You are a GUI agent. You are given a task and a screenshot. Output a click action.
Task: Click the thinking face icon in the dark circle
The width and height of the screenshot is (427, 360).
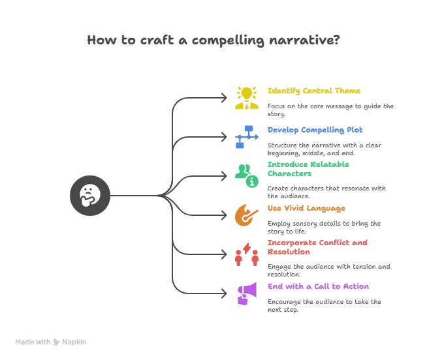(90, 195)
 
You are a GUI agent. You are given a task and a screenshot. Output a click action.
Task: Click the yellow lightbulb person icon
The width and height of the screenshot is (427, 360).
(247, 97)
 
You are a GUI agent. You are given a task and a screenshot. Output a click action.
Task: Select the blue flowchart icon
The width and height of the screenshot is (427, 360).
(247, 136)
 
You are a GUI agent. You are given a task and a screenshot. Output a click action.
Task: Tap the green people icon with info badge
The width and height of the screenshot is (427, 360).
(247, 175)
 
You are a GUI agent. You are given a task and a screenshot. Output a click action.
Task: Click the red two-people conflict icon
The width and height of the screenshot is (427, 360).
(247, 254)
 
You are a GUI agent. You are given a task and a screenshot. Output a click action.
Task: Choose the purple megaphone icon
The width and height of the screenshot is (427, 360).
(247, 293)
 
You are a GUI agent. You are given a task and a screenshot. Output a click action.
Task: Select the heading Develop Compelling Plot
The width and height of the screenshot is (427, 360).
(315, 130)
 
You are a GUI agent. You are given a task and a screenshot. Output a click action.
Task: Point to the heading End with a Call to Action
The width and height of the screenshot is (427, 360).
(318, 286)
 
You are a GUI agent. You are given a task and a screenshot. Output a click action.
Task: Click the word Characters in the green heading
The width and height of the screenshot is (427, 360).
(289, 173)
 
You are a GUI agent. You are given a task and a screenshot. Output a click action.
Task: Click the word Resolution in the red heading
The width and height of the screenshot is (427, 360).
(289, 252)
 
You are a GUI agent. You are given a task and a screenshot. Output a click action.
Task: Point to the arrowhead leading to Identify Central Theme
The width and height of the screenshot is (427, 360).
(226, 98)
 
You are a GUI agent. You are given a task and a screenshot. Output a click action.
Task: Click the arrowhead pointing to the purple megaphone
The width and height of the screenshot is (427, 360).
(226, 293)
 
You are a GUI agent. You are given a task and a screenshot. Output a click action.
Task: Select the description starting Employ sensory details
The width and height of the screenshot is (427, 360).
(324, 227)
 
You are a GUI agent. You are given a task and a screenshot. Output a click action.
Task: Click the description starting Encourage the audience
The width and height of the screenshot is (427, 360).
(324, 305)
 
